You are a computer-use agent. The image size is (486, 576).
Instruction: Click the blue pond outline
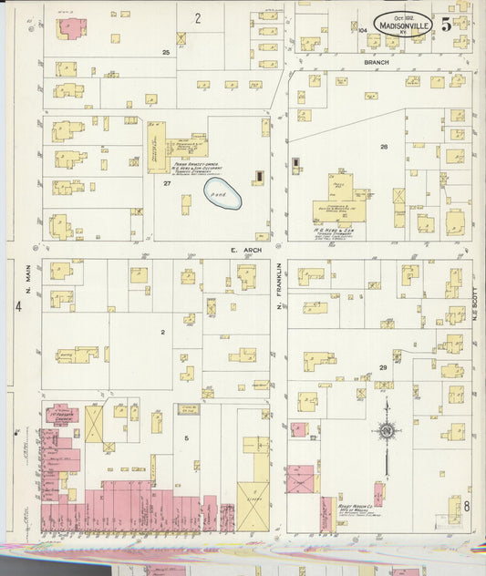(222, 193)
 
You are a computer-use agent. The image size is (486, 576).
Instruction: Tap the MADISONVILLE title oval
(404, 26)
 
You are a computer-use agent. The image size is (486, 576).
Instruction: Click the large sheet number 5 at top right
(447, 25)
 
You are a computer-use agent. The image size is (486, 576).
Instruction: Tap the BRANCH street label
(376, 62)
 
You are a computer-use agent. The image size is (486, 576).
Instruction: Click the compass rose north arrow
(387, 430)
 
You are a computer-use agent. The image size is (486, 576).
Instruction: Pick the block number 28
(384, 147)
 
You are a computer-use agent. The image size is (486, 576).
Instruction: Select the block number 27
(167, 183)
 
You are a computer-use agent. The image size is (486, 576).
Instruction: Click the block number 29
(384, 366)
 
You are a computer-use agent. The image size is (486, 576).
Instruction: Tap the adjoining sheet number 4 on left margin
(17, 306)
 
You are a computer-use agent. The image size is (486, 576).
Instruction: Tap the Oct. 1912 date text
(404, 17)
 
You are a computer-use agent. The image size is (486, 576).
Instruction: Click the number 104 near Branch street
(362, 30)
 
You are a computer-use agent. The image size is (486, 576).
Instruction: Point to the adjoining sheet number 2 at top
(197, 17)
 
